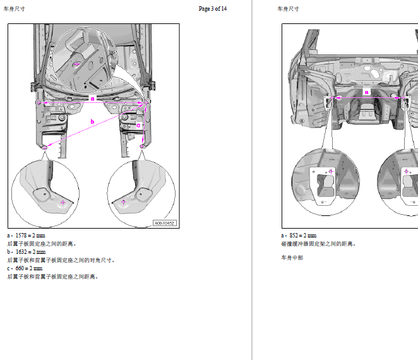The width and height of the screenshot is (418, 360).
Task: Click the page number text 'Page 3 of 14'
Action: pos(212,9)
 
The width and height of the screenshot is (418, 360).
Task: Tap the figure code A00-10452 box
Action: pos(165,223)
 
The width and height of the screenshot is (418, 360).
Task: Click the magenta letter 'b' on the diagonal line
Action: pos(92,122)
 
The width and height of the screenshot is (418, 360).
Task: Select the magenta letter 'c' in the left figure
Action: pos(138,125)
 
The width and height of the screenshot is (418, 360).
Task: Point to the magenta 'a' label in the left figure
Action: pos(93,99)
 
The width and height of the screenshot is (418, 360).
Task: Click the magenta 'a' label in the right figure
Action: pos(367,92)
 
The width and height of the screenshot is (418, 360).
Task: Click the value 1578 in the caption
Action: pos(21,236)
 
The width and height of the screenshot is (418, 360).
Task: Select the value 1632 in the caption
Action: pos(21,252)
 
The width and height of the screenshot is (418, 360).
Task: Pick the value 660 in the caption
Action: pos(20,268)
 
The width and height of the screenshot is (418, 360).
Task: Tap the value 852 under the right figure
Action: pos(294,236)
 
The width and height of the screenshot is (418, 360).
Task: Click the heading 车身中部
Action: pos(292,258)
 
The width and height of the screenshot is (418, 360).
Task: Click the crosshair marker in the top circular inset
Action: pos(76,64)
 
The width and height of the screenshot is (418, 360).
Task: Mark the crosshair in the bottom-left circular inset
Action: pos(63,202)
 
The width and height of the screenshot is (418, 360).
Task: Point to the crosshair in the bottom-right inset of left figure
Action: pos(123,202)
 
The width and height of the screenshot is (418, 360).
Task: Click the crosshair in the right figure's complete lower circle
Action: pos(331,171)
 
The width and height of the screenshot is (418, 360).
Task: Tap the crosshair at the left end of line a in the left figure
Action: pos(39,102)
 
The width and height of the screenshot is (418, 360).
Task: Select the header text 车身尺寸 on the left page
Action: pos(14,9)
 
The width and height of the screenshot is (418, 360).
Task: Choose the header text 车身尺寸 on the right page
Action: pos(288,9)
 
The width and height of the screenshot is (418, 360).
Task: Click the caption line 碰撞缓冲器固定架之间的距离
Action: pos(318,244)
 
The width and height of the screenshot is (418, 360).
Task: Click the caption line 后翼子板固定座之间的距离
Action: pos(42,244)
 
